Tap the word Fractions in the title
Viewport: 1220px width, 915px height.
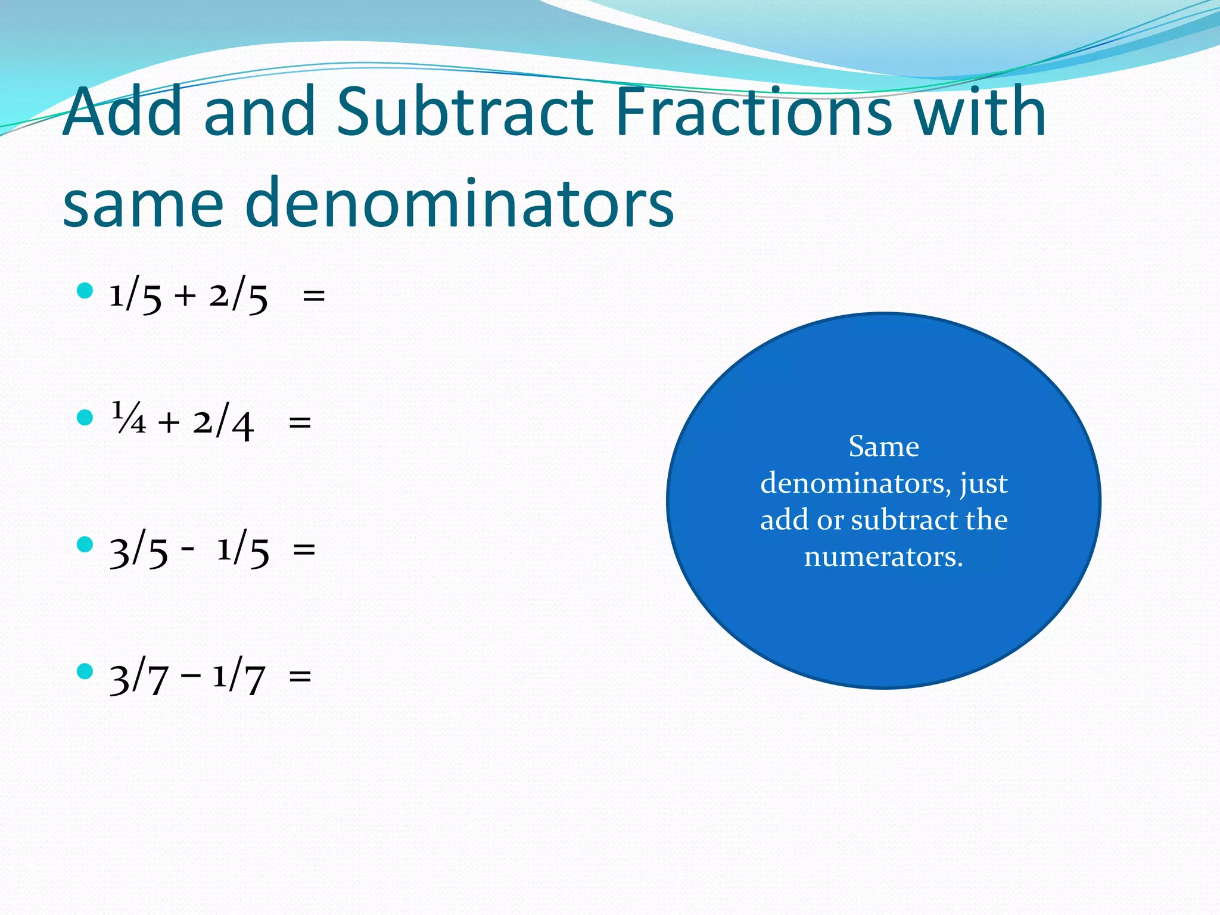753,111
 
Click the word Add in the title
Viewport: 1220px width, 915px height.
123,111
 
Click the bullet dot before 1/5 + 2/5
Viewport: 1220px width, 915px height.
85,291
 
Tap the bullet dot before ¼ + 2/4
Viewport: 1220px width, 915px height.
85,418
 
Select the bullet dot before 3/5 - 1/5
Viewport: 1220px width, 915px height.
85,544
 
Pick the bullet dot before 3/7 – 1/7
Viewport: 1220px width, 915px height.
85,671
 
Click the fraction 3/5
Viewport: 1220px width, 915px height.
139,551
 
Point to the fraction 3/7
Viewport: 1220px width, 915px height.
139,678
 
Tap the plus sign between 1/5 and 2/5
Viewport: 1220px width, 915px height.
185,295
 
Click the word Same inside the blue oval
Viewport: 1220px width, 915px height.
883,447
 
